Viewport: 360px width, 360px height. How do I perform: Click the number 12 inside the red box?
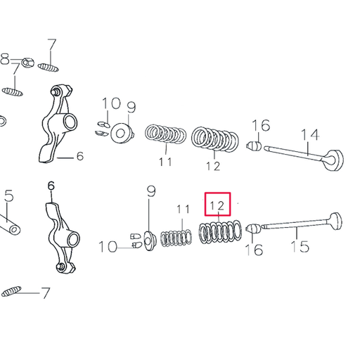pyautogui.click(x=217, y=206)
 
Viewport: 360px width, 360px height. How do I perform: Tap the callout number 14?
pyautogui.click(x=310, y=134)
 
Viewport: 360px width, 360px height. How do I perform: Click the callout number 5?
pyautogui.click(x=8, y=196)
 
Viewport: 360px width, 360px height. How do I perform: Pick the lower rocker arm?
pyautogui.click(x=57, y=236)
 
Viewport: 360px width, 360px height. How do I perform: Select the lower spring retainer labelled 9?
pyautogui.click(x=148, y=240)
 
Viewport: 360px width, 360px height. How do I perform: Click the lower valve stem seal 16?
pyautogui.click(x=253, y=229)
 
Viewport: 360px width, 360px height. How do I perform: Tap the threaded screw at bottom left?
pyautogui.click(x=16, y=290)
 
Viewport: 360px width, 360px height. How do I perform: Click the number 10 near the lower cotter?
pyautogui.click(x=108, y=246)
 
